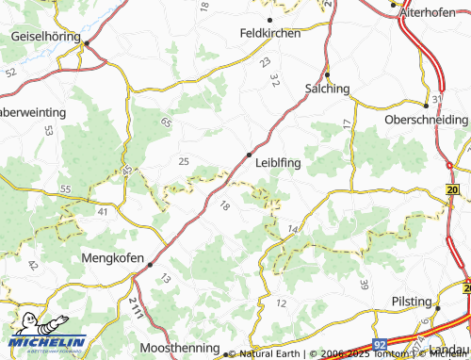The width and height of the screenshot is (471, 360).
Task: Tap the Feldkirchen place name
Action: tap(270, 33)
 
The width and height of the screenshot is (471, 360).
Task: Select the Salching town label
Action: tap(327, 89)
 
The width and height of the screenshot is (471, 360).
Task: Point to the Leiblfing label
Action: tap(278, 163)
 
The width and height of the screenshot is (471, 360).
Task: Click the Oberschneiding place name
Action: tap(426, 121)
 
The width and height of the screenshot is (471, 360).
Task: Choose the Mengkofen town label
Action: tap(114, 258)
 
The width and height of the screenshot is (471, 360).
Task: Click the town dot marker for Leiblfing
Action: tap(249, 154)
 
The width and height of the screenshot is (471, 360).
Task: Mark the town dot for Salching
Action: tap(327, 75)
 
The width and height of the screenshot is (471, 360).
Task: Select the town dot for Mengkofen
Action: tap(150, 266)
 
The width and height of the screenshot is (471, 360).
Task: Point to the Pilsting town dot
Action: tap(437, 307)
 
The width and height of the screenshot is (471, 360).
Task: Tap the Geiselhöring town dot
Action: tap(85, 43)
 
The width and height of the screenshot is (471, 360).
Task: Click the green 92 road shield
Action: tap(379, 346)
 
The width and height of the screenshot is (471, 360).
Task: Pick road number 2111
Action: tap(136, 306)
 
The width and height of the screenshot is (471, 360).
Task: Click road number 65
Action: tap(166, 123)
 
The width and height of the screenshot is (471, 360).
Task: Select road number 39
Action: tap(364, 285)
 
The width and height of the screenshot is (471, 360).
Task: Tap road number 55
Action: tap(64, 190)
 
